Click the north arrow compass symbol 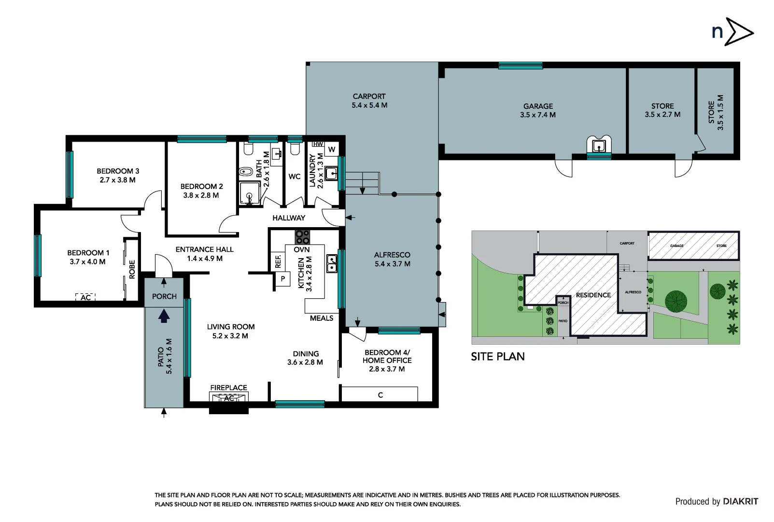point(732,32)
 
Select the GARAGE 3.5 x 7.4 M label point(538,111)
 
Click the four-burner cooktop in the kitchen point(302,237)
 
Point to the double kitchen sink point(332,263)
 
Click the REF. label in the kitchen point(278,261)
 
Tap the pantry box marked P point(283,278)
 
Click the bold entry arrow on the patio point(164,316)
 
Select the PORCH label point(164,296)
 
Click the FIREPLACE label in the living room point(228,388)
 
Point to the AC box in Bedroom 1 point(85,297)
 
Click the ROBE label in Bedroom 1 point(132,270)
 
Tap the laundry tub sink point(331,173)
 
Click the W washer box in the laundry point(332,149)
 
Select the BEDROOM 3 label point(118,171)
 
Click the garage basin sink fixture point(599,145)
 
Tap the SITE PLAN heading point(497,357)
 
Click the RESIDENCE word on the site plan point(593,295)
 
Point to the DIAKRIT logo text point(740,502)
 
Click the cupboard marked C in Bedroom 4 point(380,394)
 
